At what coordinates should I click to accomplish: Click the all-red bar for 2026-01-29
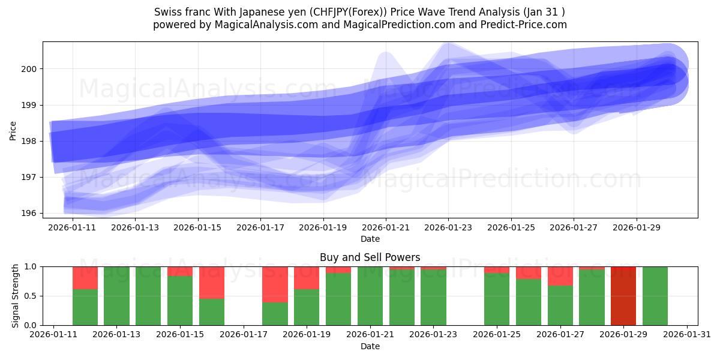623,296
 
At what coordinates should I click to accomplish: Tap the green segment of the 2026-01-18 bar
275,314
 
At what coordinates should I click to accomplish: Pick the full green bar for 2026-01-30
655,296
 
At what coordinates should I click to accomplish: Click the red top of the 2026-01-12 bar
85,278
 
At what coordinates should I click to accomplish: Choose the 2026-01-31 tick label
686,334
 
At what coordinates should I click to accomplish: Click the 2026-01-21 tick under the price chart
386,228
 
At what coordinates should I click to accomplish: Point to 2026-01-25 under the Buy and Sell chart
496,334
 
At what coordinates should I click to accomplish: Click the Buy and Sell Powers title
370,257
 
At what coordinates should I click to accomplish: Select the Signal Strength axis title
16,296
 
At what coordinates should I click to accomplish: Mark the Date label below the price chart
370,239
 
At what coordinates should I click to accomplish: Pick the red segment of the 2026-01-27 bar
560,276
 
